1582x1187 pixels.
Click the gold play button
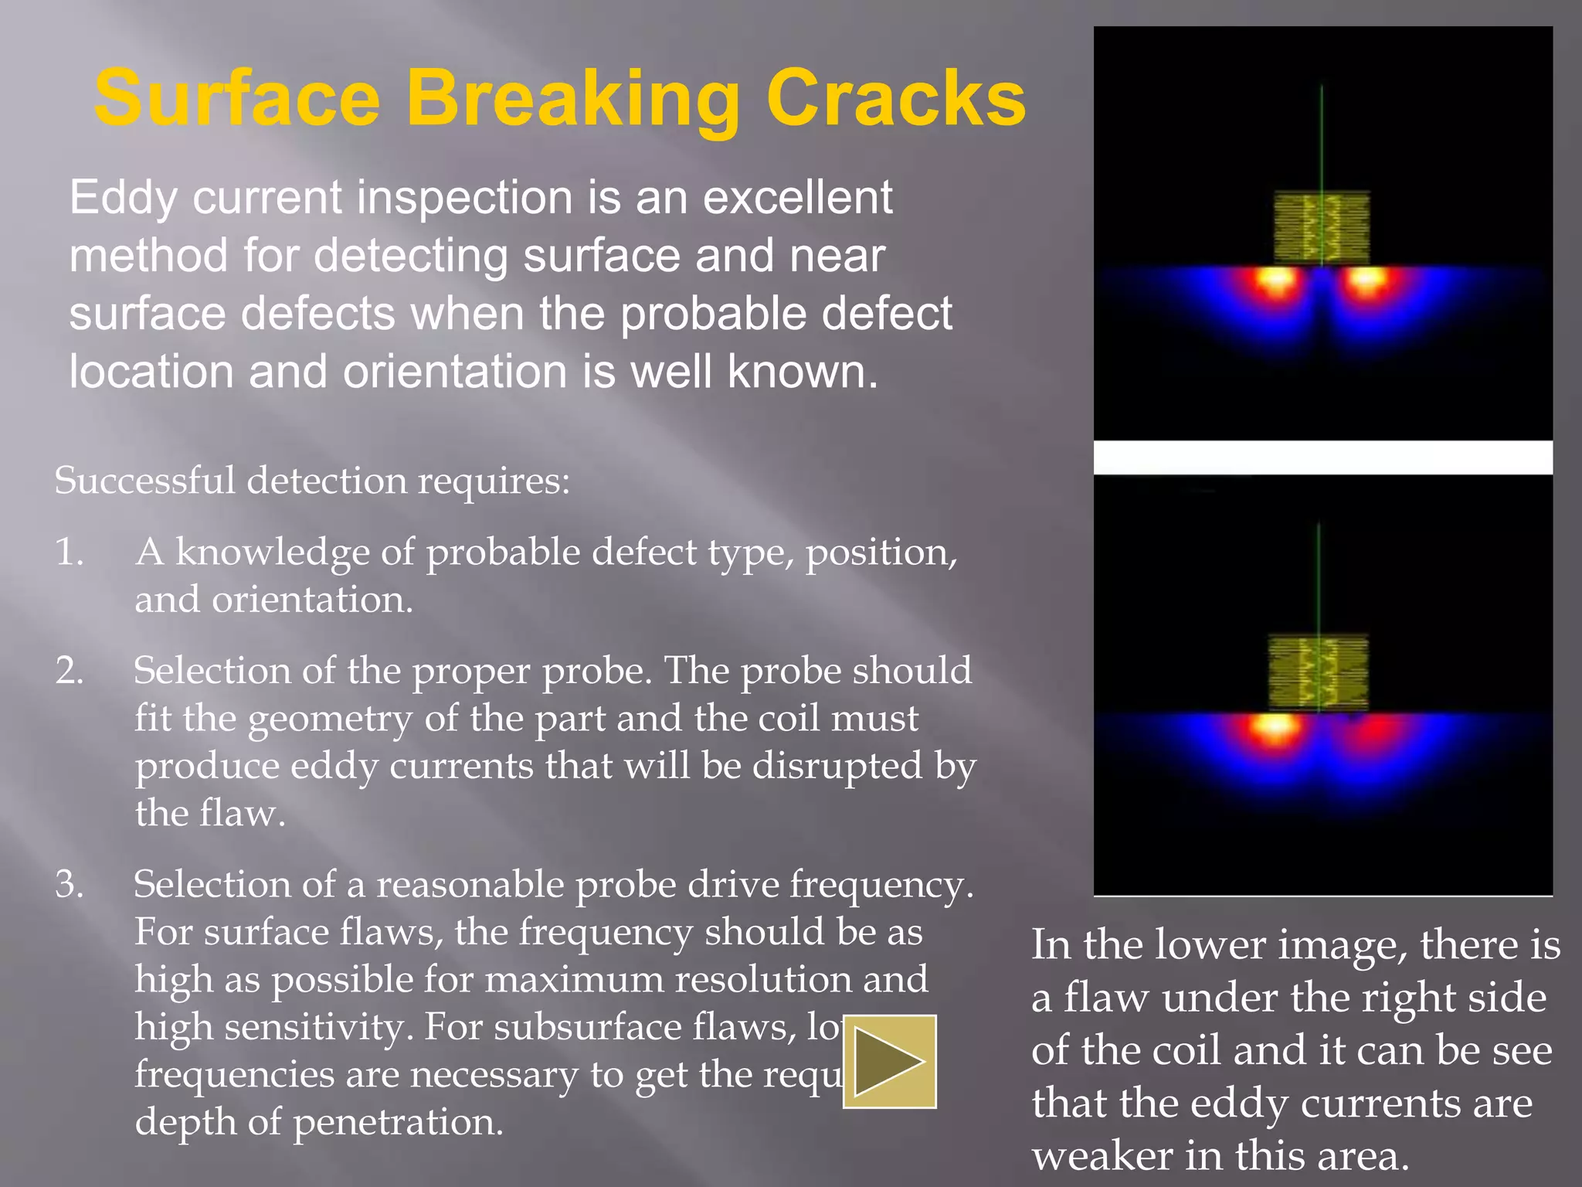tap(889, 1061)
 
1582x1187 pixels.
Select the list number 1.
tap(70, 553)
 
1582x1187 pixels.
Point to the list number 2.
tap(70, 671)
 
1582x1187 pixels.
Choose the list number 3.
tap(70, 884)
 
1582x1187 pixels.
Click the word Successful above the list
tap(144, 481)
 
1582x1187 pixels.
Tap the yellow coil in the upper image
tap(1321, 228)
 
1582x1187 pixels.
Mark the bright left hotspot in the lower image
tap(1273, 726)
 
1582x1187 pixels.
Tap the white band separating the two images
tap(1322, 457)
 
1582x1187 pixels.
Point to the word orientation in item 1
tap(313, 600)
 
